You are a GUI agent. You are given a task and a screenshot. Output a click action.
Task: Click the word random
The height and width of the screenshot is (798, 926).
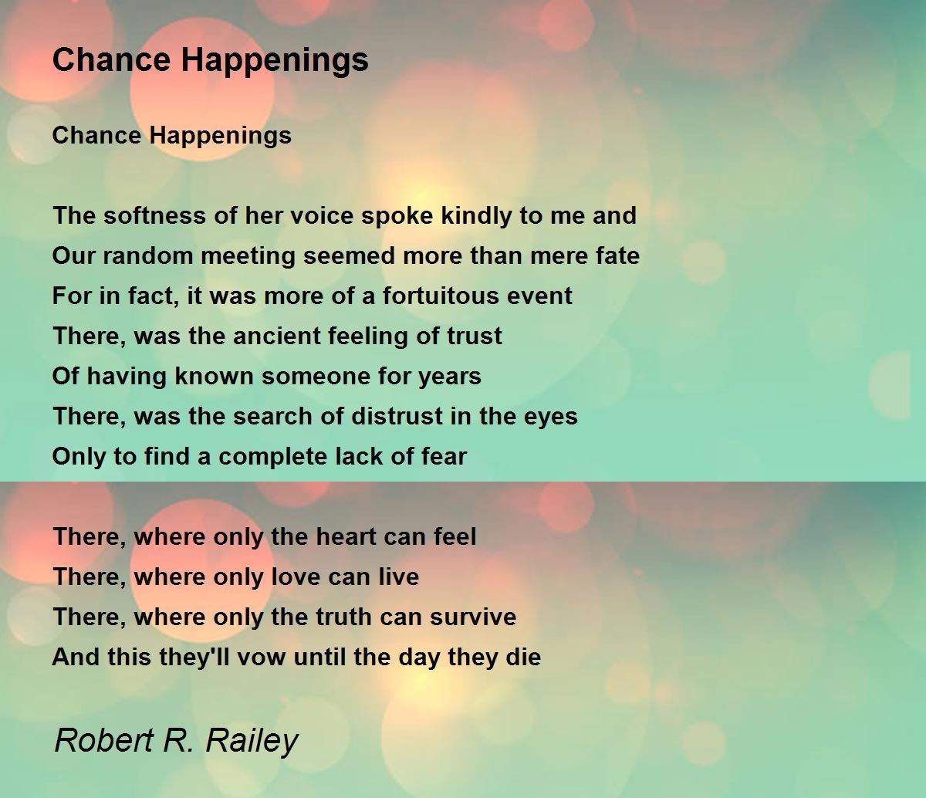148,256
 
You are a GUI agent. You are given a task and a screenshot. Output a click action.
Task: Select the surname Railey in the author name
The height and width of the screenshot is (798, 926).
252,741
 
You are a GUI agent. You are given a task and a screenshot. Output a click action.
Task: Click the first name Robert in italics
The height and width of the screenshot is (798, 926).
104,740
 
